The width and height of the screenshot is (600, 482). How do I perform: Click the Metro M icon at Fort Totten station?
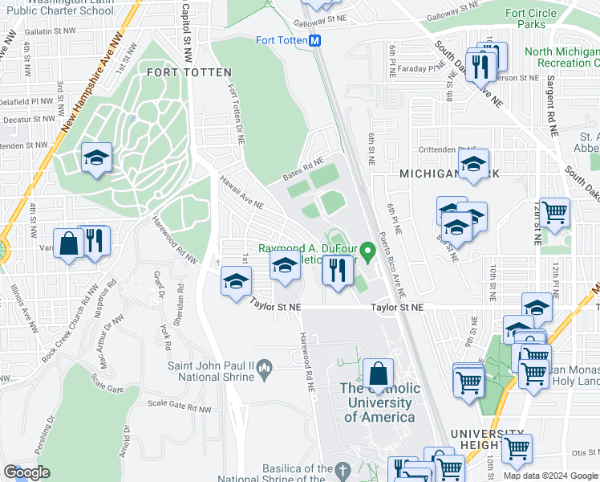pyautogui.click(x=315, y=40)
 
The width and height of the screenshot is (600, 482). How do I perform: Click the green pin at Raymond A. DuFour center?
pyautogui.click(x=368, y=252)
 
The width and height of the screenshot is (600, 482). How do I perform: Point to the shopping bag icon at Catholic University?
pyautogui.click(x=378, y=374)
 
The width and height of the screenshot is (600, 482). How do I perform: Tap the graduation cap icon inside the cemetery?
pyautogui.click(x=97, y=157)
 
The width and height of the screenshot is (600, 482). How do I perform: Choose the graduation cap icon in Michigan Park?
pyautogui.click(x=473, y=165)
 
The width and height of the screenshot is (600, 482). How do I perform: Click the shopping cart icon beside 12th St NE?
pyautogui.click(x=554, y=213)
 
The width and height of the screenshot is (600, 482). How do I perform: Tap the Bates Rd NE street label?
pyautogui.click(x=303, y=168)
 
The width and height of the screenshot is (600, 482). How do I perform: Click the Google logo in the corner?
pyautogui.click(x=27, y=472)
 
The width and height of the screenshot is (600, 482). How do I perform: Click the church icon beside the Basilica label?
pyautogui.click(x=343, y=469)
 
